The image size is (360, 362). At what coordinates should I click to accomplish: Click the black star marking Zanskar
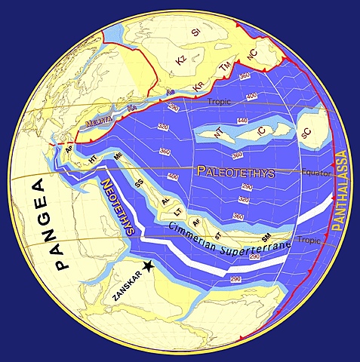click(149, 265)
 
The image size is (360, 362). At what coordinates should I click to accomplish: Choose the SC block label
click(306, 133)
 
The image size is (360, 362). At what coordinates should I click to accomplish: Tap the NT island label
click(219, 133)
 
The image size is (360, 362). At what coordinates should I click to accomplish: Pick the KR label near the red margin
click(198, 86)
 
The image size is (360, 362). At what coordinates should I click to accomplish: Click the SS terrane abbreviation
click(138, 183)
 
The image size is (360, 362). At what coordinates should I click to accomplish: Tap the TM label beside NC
click(224, 68)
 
